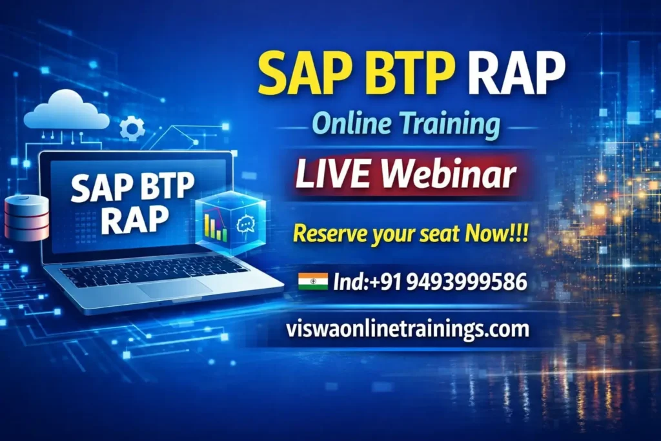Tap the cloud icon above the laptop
66,111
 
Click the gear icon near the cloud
132,128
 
